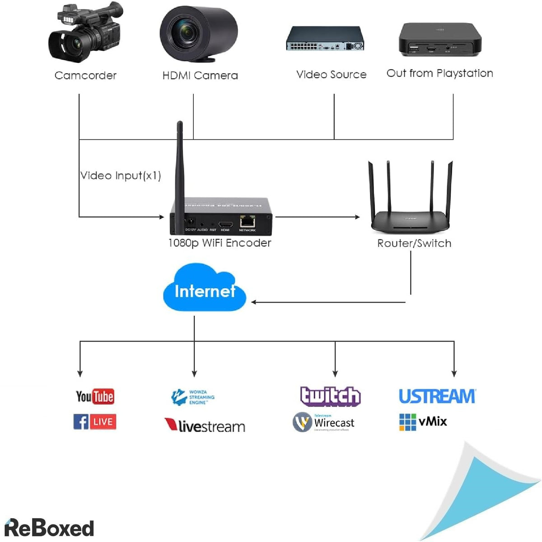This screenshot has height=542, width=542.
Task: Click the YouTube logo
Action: tap(95, 397)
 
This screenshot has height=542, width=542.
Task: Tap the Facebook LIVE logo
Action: tap(95, 422)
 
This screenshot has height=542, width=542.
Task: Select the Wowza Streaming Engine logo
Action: tap(193, 397)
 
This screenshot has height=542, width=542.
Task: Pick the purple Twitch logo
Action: tap(330, 396)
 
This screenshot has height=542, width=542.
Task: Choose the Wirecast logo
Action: tap(323, 422)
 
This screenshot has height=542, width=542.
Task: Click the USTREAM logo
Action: tap(437, 396)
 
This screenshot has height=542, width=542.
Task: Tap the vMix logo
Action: tap(423, 422)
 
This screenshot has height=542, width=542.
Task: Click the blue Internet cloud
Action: tap(204, 290)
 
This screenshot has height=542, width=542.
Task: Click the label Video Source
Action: tap(331, 75)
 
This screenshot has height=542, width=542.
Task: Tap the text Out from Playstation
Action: tap(439, 73)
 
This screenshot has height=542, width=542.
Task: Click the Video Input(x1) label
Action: tap(121, 175)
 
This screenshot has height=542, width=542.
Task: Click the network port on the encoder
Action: tap(247, 221)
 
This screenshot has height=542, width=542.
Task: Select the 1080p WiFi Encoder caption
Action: tap(220, 243)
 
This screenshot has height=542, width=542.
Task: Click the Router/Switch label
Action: tap(414, 243)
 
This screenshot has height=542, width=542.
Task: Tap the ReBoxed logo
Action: tap(49, 528)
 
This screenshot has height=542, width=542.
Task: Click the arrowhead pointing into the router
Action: tap(357, 217)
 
